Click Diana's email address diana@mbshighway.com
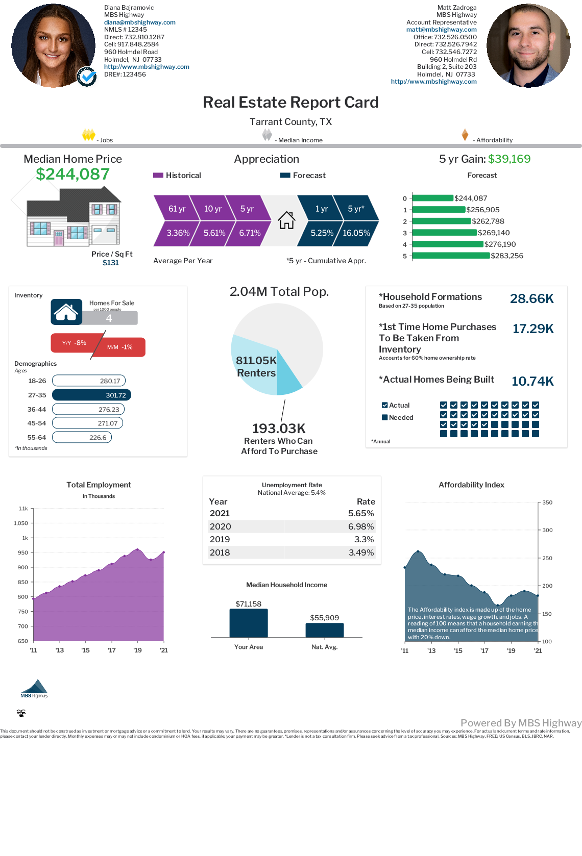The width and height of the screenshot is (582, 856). click(x=139, y=22)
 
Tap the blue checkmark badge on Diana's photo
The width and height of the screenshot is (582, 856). click(x=87, y=77)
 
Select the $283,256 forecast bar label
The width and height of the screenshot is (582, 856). click(x=506, y=256)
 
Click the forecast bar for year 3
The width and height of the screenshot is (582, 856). click(x=444, y=233)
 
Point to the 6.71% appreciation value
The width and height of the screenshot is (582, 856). click(x=250, y=233)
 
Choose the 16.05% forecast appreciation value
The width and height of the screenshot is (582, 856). click(x=356, y=233)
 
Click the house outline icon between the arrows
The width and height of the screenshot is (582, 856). click(x=286, y=220)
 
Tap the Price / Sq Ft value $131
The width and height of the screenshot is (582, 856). click(x=110, y=263)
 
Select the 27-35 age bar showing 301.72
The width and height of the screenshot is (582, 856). click(x=92, y=395)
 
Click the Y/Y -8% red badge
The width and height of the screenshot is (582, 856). click(x=75, y=343)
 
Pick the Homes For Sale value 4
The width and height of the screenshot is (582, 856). click(x=109, y=318)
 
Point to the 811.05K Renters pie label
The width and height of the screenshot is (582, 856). click(x=256, y=367)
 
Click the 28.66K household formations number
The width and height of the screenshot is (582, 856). click(x=531, y=298)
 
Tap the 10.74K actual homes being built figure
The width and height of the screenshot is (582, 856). click(x=532, y=381)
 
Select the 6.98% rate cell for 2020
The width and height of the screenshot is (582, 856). click(x=360, y=526)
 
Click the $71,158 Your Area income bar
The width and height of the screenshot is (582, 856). click(x=249, y=623)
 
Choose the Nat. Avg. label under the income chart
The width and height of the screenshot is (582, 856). click(x=324, y=647)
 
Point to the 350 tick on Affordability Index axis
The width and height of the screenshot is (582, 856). click(x=547, y=502)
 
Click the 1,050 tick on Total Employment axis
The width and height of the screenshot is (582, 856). click(x=21, y=523)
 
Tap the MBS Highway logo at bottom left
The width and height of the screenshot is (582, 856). click(x=34, y=689)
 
